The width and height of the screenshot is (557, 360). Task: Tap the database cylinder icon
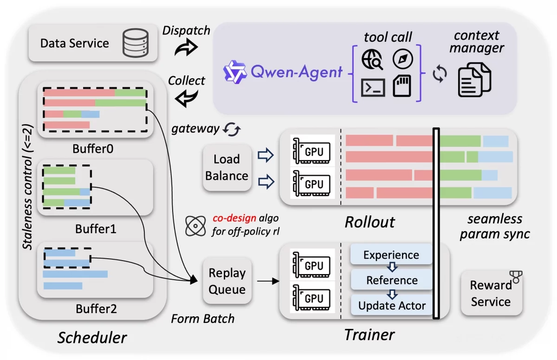point(136,43)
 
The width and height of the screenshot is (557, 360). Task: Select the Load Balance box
point(227,168)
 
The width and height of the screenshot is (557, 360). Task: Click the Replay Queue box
point(227,281)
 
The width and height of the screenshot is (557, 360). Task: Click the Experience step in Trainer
point(391,255)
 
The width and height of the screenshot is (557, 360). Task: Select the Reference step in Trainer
point(392,280)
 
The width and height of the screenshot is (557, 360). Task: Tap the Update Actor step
point(392,305)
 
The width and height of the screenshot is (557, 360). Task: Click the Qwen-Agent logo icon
point(234,72)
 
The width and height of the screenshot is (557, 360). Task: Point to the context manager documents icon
point(474,80)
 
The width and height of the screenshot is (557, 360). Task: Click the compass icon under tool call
point(402,59)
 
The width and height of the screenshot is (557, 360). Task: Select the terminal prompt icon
point(373,87)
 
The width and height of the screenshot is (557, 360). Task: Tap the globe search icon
point(372,59)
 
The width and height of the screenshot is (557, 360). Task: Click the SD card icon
point(402,86)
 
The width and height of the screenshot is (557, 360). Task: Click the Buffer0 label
point(93,149)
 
